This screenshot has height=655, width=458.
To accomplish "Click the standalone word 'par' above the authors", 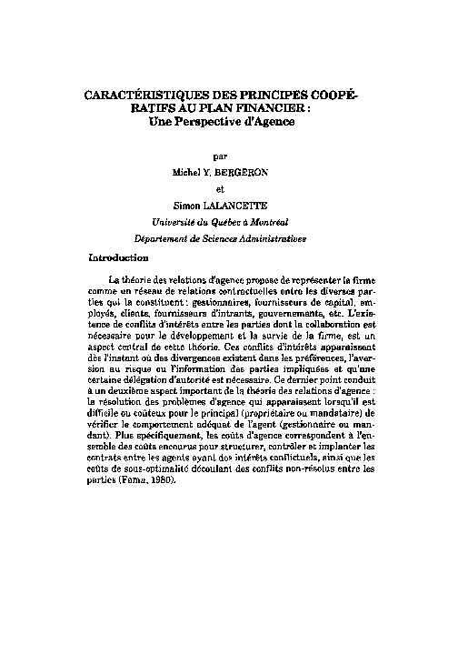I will [229, 156].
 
